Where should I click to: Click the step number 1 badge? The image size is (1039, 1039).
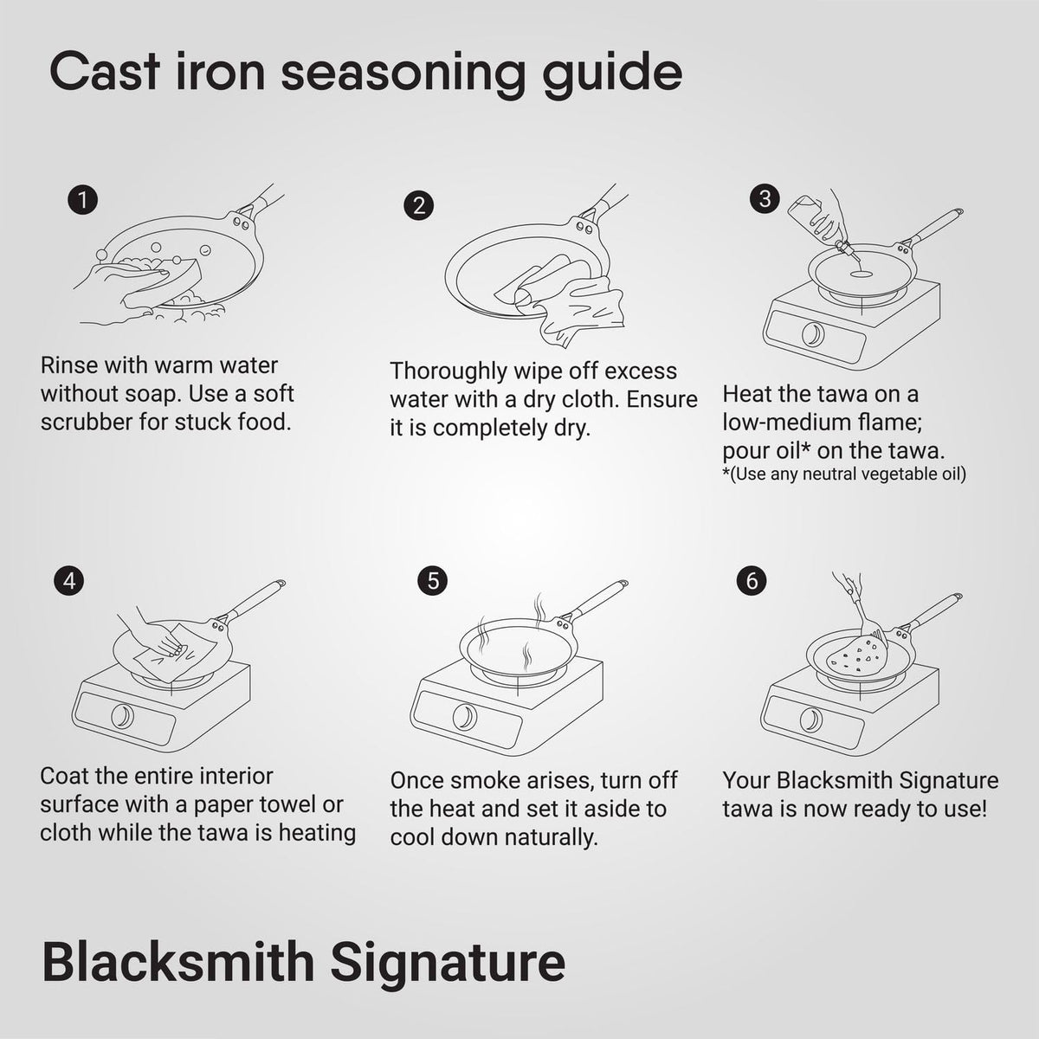tap(82, 201)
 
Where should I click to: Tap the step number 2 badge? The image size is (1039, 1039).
tap(418, 206)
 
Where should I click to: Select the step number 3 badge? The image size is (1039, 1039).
tap(765, 198)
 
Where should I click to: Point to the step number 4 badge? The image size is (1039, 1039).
tap(69, 581)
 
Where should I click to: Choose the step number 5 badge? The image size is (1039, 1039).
tap(432, 581)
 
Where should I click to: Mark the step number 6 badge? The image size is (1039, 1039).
tap(751, 579)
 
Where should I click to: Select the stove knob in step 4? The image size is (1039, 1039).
tap(123, 715)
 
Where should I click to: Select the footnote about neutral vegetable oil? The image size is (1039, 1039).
tap(843, 474)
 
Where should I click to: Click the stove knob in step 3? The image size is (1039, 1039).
tap(812, 333)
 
